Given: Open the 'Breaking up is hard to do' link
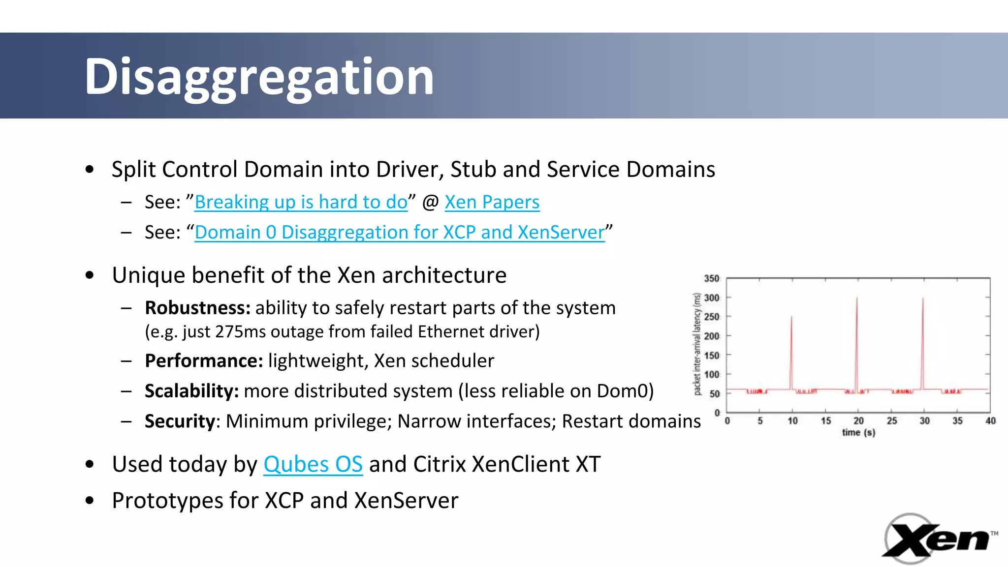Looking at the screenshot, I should tap(301, 202).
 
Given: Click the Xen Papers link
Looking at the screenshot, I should tap(492, 202).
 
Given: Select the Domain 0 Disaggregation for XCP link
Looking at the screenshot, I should tap(399, 232).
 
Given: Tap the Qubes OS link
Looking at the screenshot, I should tap(313, 464).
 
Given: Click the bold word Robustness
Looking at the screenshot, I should tap(197, 308).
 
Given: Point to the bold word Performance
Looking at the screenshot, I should tap(204, 361).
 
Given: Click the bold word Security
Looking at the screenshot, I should tap(180, 421).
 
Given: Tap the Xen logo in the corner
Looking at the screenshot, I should tap(938, 539).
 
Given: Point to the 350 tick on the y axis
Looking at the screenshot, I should tap(711, 279).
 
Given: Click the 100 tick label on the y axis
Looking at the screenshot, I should tap(711, 375).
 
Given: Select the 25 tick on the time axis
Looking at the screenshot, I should tap(891, 421).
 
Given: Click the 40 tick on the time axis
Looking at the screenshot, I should tap(990, 421).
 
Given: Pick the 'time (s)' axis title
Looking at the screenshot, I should tap(858, 433).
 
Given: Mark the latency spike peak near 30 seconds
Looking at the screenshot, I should tap(923, 299).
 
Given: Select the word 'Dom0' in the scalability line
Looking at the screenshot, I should tap(622, 391).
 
